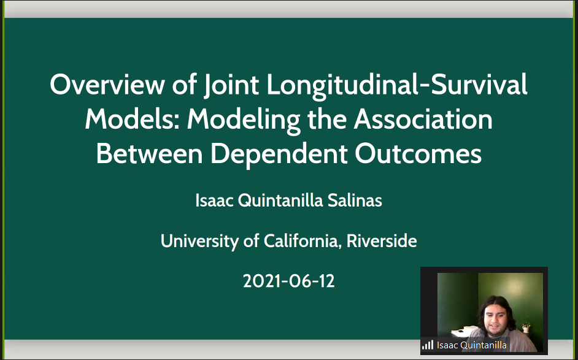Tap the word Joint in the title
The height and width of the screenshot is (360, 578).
(231, 85)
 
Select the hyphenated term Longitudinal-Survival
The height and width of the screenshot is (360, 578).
(396, 85)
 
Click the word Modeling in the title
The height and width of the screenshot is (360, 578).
(244, 120)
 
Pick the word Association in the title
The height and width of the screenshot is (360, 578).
(423, 119)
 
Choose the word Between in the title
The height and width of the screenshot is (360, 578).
(149, 153)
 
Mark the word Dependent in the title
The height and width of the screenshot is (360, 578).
(279, 155)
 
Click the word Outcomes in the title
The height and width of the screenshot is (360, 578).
(418, 153)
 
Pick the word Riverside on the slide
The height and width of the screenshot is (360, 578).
(382, 241)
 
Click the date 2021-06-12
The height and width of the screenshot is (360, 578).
(288, 281)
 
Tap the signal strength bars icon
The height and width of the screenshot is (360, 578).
(428, 345)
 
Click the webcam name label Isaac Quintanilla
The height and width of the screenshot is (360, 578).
(471, 345)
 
